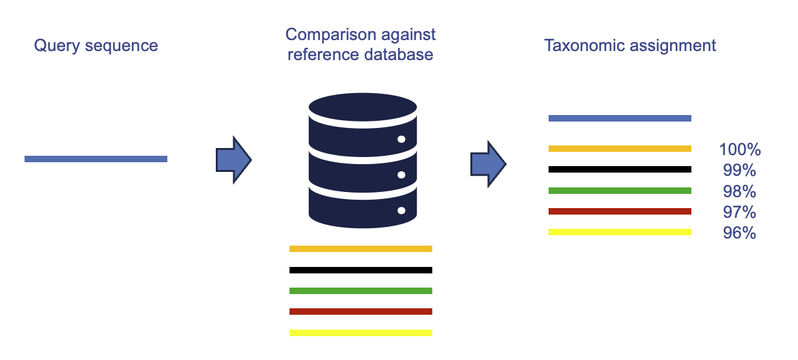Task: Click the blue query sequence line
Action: (x=96, y=159)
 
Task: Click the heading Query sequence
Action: (x=96, y=46)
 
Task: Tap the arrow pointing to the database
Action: (x=234, y=160)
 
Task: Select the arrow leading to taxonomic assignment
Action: (x=488, y=164)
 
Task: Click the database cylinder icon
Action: (x=362, y=160)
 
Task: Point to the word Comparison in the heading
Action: (x=331, y=36)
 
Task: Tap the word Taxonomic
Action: (x=584, y=46)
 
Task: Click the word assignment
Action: (x=673, y=47)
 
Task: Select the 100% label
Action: (x=740, y=149)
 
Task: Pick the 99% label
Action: (x=740, y=170)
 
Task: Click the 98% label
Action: (x=740, y=191)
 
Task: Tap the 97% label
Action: (x=740, y=212)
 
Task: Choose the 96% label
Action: (x=740, y=233)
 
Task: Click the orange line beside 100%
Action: (x=620, y=149)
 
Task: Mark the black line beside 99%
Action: (x=620, y=169)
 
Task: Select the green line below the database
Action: (x=361, y=291)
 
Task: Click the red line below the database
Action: (x=361, y=312)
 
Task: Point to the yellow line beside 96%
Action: (x=620, y=232)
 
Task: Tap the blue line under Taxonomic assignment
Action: (x=620, y=118)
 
